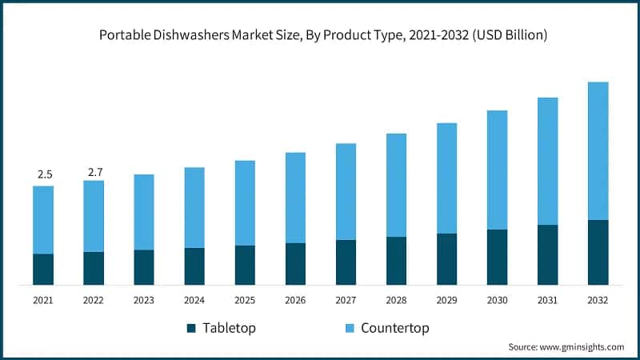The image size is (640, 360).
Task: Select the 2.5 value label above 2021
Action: tap(44, 174)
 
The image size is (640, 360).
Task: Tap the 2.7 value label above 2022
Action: tap(94, 171)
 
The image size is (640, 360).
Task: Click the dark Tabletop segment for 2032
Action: tap(598, 252)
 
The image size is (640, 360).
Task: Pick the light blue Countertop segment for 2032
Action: tap(598, 150)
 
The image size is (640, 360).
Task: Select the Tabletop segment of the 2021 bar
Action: tap(43, 269)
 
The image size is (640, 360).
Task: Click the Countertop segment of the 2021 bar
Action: tap(43, 220)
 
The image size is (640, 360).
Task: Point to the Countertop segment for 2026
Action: tap(295, 198)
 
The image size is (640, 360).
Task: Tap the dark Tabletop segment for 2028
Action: tap(396, 260)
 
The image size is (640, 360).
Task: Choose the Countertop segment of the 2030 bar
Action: tap(497, 170)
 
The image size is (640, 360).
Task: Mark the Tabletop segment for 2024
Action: tap(194, 266)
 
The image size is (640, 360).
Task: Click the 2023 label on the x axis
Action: tap(144, 301)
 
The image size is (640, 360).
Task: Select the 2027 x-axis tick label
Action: tap(346, 301)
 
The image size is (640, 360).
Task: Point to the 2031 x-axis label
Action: tap(547, 301)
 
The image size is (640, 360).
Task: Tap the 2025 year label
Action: tap(245, 301)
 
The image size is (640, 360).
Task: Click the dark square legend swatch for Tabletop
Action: tap(190, 328)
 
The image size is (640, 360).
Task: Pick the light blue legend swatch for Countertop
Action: tap(350, 328)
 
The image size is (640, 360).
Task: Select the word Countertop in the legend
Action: tap(395, 328)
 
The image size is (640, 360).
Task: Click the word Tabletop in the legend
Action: tap(229, 328)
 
